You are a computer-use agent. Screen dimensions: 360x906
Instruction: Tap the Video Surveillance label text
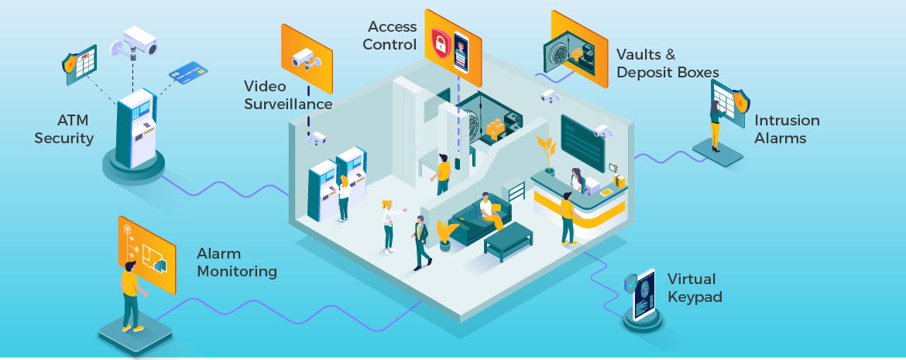(x=288, y=94)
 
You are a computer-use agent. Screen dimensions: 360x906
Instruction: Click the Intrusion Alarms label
(x=787, y=129)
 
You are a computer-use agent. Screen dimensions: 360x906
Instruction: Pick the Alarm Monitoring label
(x=236, y=262)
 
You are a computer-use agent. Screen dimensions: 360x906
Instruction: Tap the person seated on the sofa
(x=488, y=211)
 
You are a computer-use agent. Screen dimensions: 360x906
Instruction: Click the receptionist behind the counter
(x=577, y=180)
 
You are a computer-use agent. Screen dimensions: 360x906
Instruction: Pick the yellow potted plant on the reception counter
(x=547, y=153)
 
